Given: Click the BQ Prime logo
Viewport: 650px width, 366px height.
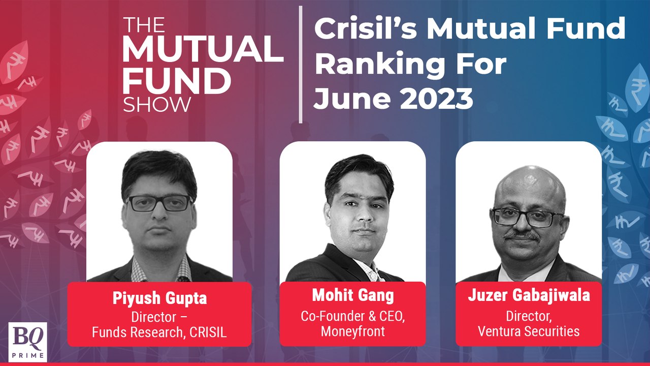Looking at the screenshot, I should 28,342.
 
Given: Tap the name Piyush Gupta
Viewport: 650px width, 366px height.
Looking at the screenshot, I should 159,298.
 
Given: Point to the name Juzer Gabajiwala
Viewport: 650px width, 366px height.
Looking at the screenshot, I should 529,296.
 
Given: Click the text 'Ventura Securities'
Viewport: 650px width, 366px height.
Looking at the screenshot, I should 529,331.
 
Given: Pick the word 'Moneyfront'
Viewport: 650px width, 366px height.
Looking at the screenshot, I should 352,332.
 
